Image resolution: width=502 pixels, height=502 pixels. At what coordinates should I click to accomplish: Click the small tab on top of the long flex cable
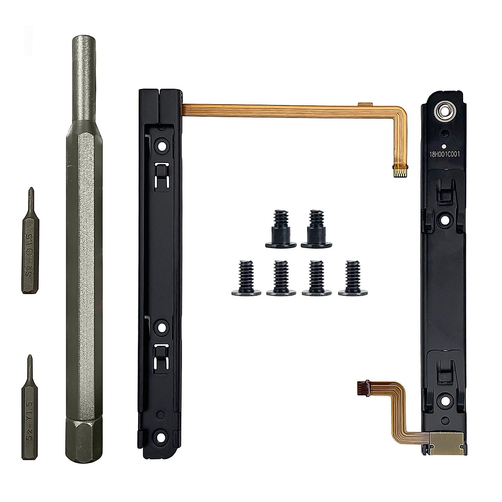(365, 103)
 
